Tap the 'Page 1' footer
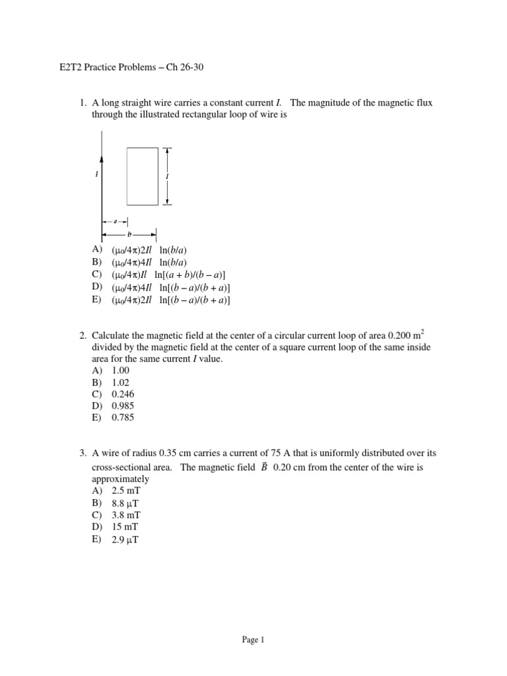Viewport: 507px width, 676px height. (253, 639)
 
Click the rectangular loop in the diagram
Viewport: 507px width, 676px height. (142, 176)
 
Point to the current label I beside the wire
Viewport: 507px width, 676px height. (96, 175)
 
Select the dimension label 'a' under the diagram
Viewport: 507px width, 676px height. (115, 222)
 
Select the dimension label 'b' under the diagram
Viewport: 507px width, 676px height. (129, 234)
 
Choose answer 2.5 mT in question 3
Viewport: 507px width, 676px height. (127, 491)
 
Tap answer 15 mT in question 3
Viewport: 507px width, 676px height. (125, 527)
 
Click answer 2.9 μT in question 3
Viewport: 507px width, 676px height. (126, 539)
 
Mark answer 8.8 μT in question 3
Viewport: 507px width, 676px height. (126, 503)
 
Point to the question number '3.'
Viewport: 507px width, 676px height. (83, 454)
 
